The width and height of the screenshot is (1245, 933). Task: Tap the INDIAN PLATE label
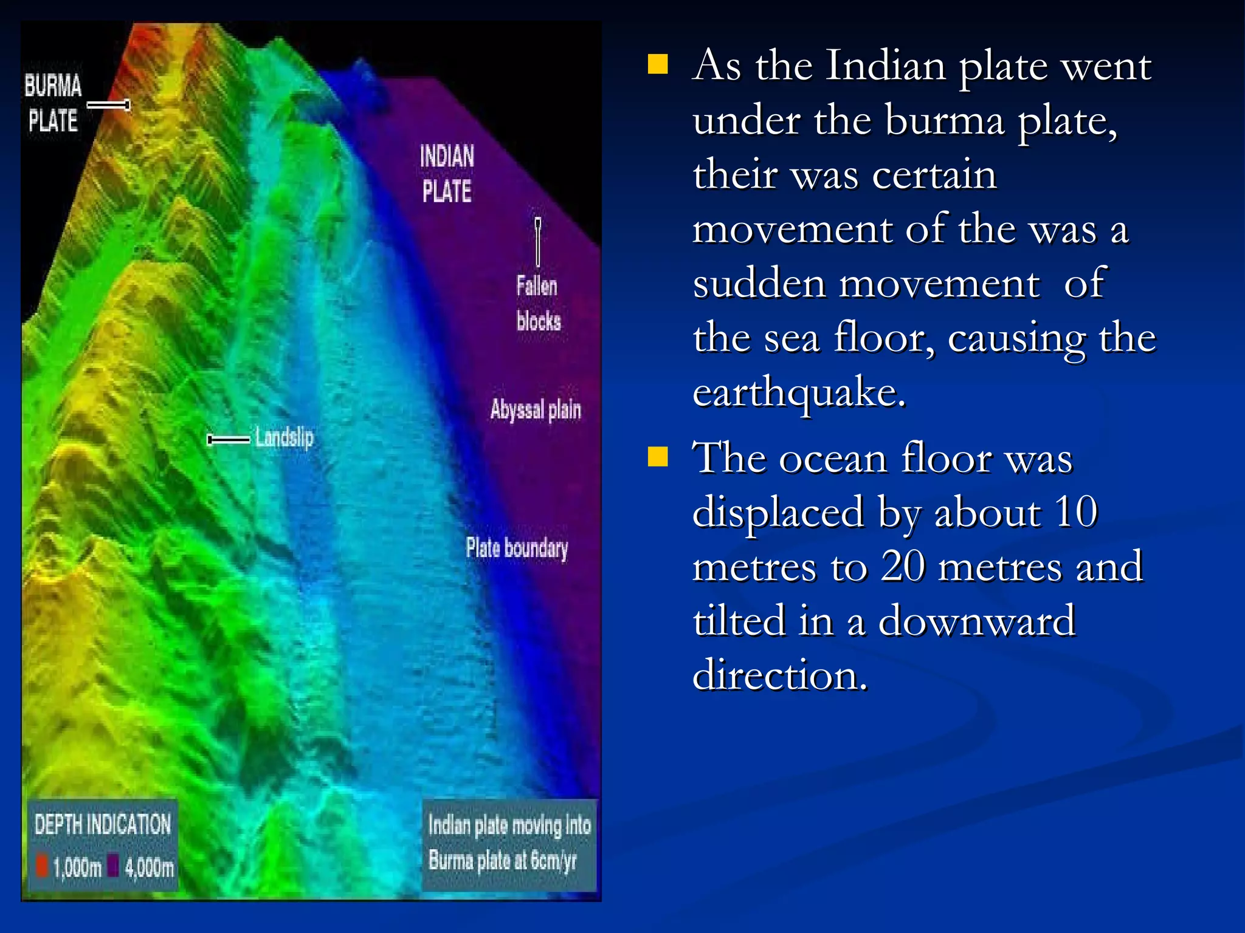coord(447,174)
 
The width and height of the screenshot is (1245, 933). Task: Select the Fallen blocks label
coord(538,303)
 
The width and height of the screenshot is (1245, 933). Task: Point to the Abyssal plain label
coord(536,410)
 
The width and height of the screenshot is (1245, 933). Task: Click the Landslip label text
coord(284,437)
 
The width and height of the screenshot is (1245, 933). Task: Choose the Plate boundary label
coord(517,548)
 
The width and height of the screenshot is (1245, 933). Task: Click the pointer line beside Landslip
coord(229,439)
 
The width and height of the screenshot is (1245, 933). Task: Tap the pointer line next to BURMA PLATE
coord(109,106)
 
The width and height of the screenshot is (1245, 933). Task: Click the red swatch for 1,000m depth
coord(42,866)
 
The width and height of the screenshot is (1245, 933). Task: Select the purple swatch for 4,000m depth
coord(113,866)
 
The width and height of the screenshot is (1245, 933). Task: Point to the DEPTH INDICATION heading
coord(103,824)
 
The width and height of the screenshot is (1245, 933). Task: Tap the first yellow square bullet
coord(658,64)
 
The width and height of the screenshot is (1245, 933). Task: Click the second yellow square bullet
coord(658,457)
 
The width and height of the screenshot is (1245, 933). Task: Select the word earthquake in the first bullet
coord(798,392)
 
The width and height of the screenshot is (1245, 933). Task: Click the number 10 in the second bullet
coord(1075,512)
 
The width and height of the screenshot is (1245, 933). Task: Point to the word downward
coord(976,621)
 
